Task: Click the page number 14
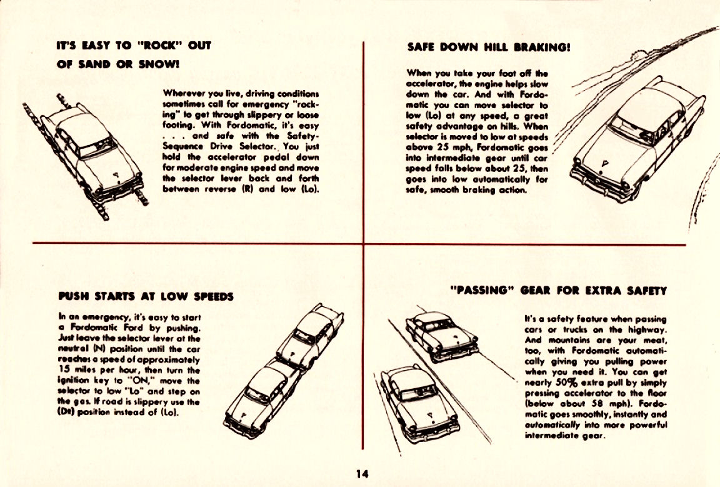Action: (x=362, y=474)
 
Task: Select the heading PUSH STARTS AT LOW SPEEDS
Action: (x=146, y=296)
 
